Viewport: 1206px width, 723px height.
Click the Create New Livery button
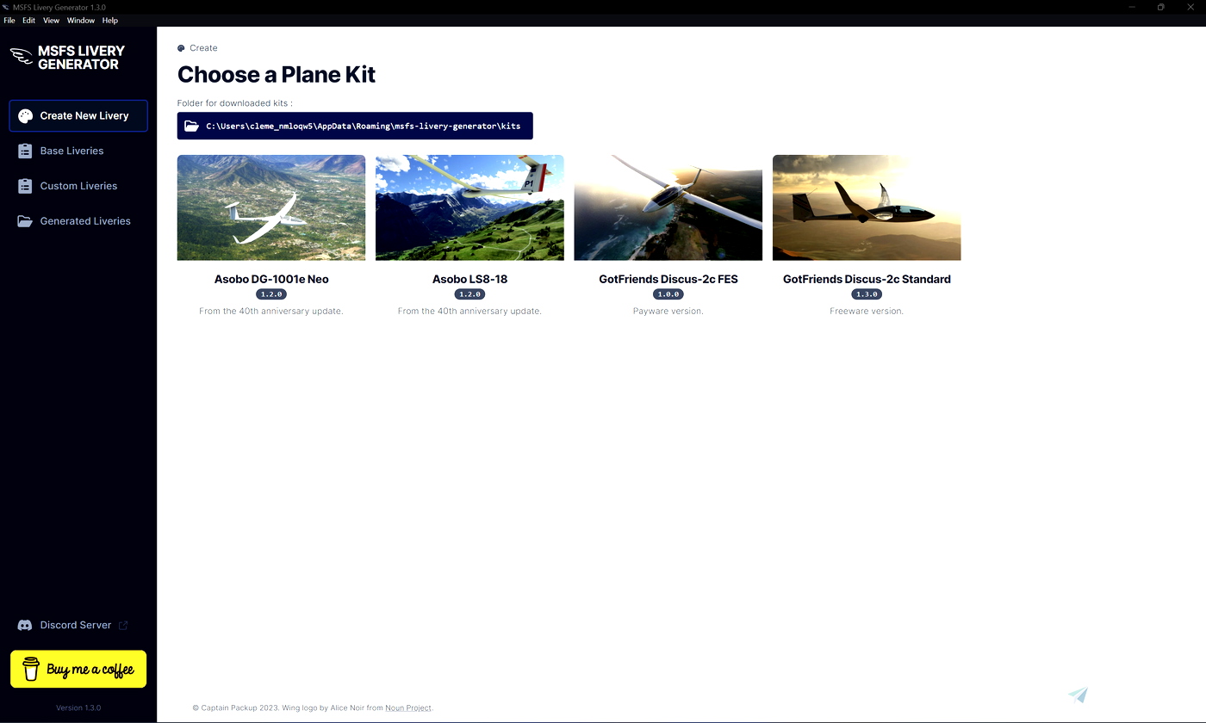click(x=78, y=115)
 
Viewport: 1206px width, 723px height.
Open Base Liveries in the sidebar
click(x=71, y=151)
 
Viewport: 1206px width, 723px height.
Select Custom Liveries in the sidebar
click(x=78, y=186)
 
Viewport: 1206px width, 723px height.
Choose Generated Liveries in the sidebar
click(x=85, y=221)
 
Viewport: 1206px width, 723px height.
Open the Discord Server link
click(x=76, y=625)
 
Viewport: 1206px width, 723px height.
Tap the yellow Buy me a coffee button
click(x=78, y=669)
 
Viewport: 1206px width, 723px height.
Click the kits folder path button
click(x=355, y=126)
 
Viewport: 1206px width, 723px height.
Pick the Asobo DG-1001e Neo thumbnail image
click(x=271, y=207)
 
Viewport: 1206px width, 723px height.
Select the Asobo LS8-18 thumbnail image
click(x=469, y=207)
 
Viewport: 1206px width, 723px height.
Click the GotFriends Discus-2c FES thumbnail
click(x=668, y=207)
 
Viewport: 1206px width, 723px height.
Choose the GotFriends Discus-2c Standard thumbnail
click(x=867, y=207)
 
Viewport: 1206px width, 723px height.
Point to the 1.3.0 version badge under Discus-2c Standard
click(x=867, y=294)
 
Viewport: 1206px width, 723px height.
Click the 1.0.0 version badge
click(x=668, y=294)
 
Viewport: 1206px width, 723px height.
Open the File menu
click(x=9, y=20)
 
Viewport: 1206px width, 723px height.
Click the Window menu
click(x=81, y=20)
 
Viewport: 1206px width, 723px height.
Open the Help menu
click(x=109, y=20)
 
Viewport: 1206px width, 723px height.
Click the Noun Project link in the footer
click(x=407, y=708)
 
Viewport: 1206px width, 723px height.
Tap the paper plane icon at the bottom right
click(x=1078, y=695)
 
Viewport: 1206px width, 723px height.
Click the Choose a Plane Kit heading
click(x=277, y=74)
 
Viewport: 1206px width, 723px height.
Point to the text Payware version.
click(x=668, y=311)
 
